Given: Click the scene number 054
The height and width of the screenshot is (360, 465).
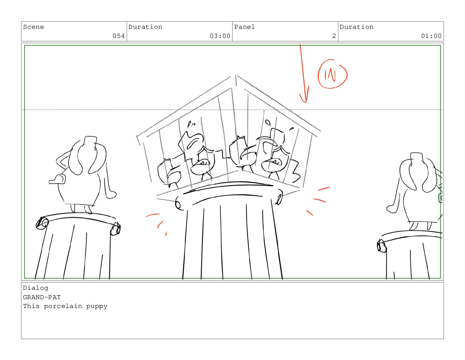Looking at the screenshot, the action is [118, 36].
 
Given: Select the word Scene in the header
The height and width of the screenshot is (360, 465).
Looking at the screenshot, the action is [34, 27].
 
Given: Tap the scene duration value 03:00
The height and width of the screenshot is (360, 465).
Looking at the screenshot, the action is [220, 36].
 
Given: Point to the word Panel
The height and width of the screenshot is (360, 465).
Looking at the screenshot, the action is [244, 27].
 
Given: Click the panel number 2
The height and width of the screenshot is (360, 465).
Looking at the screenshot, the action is [334, 36].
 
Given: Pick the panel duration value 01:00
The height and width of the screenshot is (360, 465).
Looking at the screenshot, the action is [431, 36].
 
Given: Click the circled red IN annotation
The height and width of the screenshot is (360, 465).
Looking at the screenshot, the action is [332, 74].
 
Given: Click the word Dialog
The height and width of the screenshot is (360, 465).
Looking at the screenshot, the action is [36, 288].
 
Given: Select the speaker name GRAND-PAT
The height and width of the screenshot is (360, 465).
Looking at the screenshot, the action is [42, 297].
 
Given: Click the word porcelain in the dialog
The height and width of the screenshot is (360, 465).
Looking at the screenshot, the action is [63, 306].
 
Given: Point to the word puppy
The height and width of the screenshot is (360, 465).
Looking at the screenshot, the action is [97, 307].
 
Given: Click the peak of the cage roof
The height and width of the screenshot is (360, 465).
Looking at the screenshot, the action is [235, 75].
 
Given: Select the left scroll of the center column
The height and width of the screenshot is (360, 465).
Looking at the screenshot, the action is [178, 203].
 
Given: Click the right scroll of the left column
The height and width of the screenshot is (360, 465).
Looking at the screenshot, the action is [116, 229].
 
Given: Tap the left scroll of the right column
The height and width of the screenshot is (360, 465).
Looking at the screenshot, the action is [381, 246].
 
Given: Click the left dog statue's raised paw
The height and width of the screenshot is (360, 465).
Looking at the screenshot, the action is [57, 179].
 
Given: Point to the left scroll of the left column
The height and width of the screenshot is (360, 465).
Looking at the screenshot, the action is [42, 223].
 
